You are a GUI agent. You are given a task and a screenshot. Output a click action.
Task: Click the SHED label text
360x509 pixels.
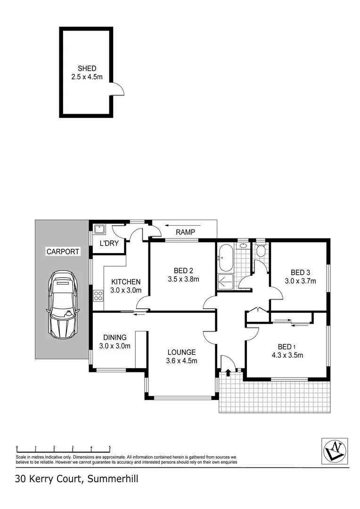coord(87,69)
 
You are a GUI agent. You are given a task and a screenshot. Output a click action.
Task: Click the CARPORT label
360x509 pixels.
coord(63,252)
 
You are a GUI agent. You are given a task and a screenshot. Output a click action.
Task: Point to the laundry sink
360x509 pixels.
coord(99,230)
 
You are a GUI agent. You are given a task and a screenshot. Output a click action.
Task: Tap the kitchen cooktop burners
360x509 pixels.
coord(98,296)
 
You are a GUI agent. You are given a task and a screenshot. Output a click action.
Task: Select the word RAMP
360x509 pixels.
coord(186,232)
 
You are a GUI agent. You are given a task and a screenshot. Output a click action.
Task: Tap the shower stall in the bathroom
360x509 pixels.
coord(225,281)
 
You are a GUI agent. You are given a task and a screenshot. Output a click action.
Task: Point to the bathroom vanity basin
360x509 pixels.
coord(243,246)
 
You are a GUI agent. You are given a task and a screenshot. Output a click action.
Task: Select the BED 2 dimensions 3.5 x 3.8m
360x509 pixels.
coord(183,279)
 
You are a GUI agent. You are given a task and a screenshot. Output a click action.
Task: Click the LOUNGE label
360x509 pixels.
coord(181,352)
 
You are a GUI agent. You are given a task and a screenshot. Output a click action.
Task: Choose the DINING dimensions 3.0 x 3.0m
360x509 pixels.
coord(115,346)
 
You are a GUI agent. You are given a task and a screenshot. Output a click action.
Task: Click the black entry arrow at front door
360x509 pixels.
coord(229,373)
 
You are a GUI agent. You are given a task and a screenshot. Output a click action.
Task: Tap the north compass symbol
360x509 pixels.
coord(335,451)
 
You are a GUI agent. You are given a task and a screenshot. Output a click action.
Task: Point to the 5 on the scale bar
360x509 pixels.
coord(110,447)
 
